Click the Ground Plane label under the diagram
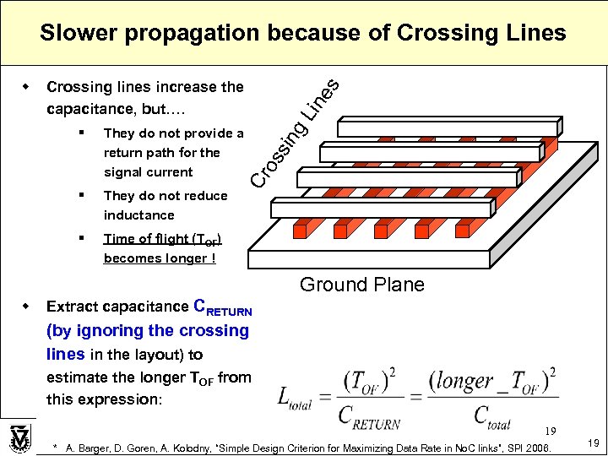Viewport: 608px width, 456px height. coord(362,285)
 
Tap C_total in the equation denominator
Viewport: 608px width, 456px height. coord(482,414)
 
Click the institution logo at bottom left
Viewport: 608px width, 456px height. coord(19,438)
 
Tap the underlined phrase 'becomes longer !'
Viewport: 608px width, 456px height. coord(159,258)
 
